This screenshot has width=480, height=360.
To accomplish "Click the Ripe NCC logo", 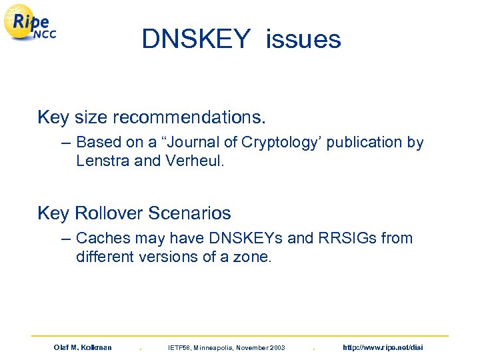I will (31, 26).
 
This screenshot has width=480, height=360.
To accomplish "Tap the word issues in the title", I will (303, 40).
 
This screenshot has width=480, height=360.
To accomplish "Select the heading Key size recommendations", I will (152, 118).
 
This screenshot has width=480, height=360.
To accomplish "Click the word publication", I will (364, 143).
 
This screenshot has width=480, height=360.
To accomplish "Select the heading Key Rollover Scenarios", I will (135, 213).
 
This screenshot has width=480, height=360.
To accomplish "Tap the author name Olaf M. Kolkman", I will (83, 347).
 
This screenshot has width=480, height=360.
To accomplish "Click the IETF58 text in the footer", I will (180, 347).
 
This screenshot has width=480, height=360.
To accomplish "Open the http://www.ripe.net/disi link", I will (382, 347).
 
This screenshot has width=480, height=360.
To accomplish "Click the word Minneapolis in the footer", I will (211, 347).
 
